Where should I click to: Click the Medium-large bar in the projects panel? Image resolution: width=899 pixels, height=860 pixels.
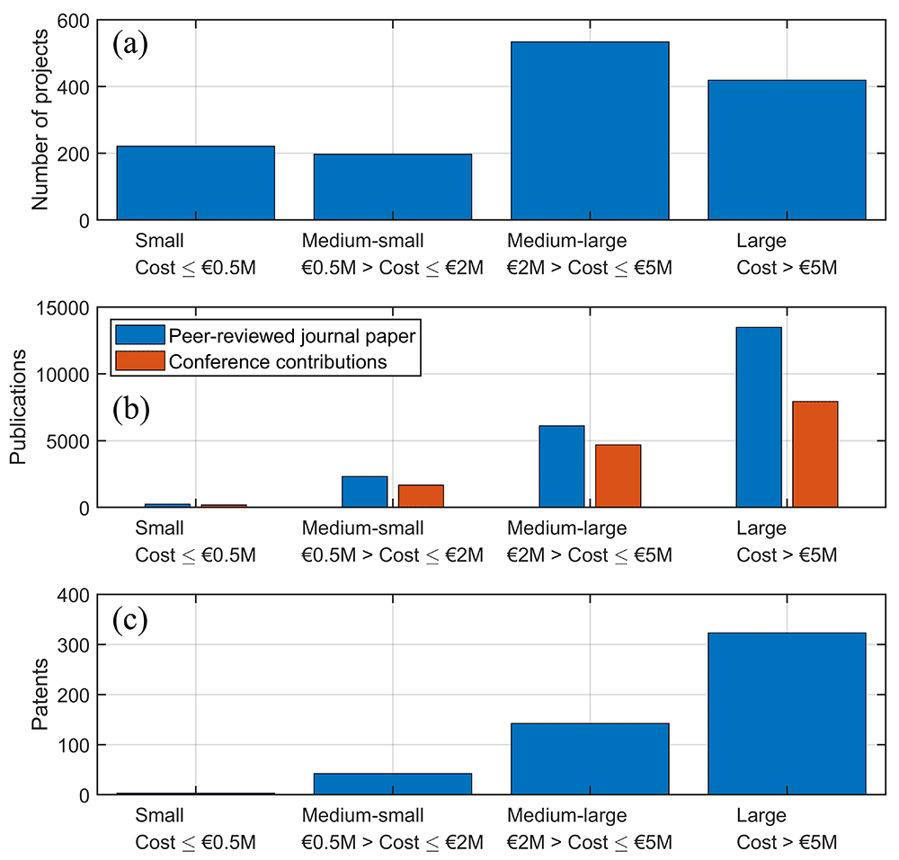pyautogui.click(x=590, y=130)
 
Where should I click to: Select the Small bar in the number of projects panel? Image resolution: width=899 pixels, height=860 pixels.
pyautogui.click(x=195, y=182)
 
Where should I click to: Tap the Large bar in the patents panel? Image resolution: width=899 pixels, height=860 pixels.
pyautogui.click(x=787, y=714)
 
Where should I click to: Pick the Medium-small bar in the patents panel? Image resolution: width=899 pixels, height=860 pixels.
pyautogui.click(x=393, y=784)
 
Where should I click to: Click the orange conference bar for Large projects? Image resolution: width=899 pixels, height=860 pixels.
pyautogui.click(x=814, y=455)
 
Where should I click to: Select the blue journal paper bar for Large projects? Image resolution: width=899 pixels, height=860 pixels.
pyautogui.click(x=759, y=417)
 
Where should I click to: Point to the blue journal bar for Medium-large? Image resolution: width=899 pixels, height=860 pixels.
pyautogui.click(x=561, y=466)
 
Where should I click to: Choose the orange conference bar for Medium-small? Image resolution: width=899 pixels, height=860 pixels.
pyautogui.click(x=421, y=496)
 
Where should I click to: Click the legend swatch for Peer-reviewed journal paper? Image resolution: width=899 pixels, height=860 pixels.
pyautogui.click(x=140, y=335)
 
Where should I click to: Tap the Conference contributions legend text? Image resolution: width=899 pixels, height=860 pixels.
pyautogui.click(x=278, y=362)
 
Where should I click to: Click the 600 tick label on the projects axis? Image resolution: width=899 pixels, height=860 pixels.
pyautogui.click(x=74, y=21)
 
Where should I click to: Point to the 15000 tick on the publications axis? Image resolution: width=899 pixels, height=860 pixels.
pyautogui.click(x=63, y=308)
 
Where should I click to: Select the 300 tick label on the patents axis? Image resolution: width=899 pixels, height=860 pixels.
pyautogui.click(x=74, y=645)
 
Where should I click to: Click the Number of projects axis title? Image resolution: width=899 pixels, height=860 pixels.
pyautogui.click(x=40, y=120)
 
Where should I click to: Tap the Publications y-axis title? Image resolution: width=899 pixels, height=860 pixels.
pyautogui.click(x=18, y=407)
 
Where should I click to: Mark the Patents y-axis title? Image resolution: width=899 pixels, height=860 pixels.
pyautogui.click(x=40, y=694)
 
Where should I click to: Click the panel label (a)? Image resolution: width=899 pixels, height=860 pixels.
pyautogui.click(x=130, y=44)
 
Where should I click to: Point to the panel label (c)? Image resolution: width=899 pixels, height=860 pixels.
pyautogui.click(x=130, y=620)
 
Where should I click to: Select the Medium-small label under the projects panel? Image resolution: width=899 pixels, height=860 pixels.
pyautogui.click(x=363, y=241)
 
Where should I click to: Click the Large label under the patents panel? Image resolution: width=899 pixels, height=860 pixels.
pyautogui.click(x=761, y=816)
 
